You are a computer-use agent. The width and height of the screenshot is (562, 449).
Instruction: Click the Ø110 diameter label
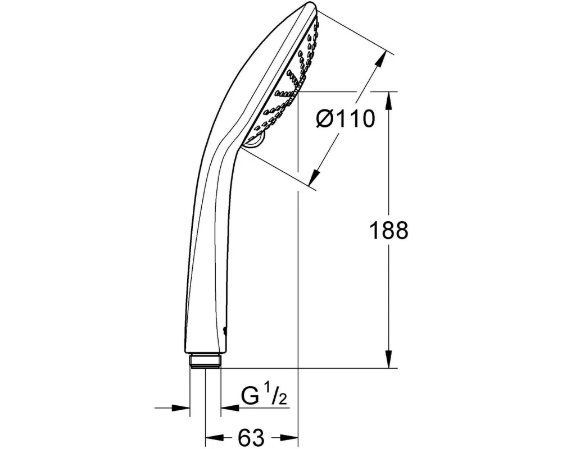[x=346, y=118]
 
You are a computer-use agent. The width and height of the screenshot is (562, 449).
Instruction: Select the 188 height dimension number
[x=388, y=230]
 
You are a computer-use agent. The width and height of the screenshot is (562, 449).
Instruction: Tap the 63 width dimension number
[x=251, y=437]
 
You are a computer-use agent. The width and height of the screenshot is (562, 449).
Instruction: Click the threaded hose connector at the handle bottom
[x=205, y=360]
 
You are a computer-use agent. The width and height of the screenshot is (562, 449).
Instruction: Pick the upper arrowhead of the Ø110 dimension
[x=382, y=60]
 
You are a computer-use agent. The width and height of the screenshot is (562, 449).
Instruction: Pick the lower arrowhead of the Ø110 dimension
[x=315, y=176]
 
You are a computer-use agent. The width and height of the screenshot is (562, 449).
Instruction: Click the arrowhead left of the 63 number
[x=214, y=438]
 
